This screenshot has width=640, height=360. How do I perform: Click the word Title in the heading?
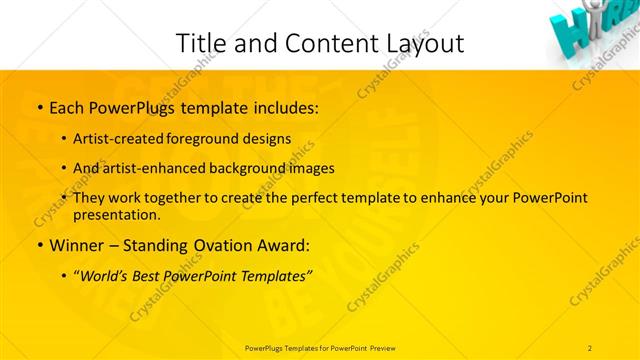click(x=199, y=43)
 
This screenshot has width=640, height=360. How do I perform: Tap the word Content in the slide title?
click(x=321, y=43)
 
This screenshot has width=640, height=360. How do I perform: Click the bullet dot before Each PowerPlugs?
click(x=39, y=106)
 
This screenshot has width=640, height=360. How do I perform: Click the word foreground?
click(x=217, y=139)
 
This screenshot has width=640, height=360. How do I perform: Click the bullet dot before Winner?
click(x=39, y=245)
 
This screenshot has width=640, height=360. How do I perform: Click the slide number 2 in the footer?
click(x=590, y=348)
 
